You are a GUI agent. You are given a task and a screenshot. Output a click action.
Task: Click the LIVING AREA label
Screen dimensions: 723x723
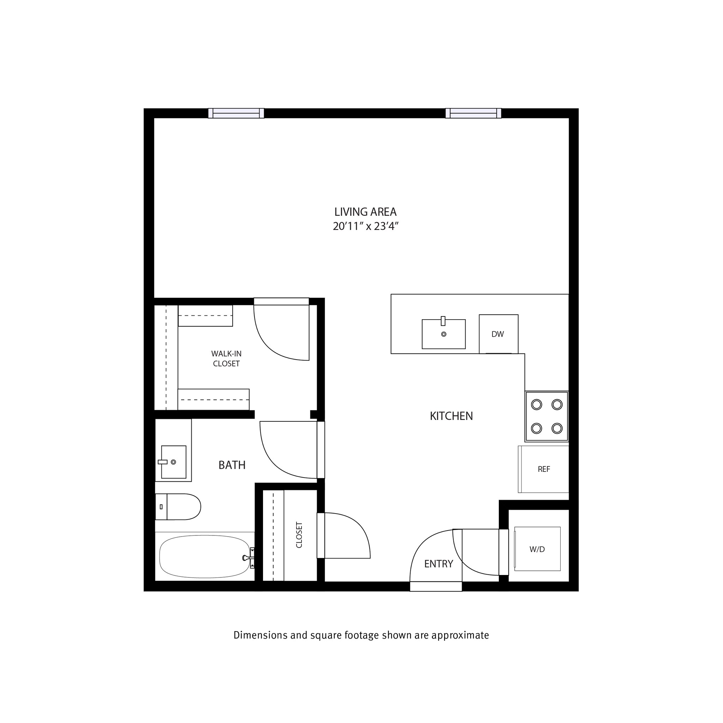pyautogui.click(x=365, y=212)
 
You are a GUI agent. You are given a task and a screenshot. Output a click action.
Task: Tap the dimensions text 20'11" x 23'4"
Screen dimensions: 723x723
pyautogui.click(x=365, y=226)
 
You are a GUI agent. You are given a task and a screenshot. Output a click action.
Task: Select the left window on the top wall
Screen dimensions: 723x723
pyautogui.click(x=236, y=113)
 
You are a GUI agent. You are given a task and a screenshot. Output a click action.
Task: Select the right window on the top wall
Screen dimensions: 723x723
pyautogui.click(x=473, y=113)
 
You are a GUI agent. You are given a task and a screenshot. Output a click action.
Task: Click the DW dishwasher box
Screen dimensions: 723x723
pyautogui.click(x=498, y=334)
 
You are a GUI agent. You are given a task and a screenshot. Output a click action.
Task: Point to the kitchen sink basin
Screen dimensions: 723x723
pyautogui.click(x=443, y=334)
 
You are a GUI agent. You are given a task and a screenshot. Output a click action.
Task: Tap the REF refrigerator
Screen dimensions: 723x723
pyautogui.click(x=543, y=469)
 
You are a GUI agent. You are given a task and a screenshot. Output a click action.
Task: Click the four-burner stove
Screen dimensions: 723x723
pyautogui.click(x=546, y=416)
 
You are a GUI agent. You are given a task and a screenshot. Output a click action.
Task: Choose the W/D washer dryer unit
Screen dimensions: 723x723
pyautogui.click(x=537, y=549)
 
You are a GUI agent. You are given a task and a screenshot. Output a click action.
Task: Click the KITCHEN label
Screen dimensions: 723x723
pyautogui.click(x=451, y=416)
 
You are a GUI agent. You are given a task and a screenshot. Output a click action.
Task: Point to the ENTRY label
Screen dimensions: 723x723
pyautogui.click(x=438, y=564)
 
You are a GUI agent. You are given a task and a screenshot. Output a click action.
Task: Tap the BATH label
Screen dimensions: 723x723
pyautogui.click(x=232, y=465)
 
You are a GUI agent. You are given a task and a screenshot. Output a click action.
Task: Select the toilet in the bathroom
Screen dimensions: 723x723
pyautogui.click(x=179, y=507)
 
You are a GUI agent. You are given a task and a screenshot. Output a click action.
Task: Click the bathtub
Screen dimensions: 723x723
pyautogui.click(x=204, y=556)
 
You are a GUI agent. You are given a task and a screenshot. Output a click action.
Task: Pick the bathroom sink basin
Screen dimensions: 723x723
pyautogui.click(x=174, y=462)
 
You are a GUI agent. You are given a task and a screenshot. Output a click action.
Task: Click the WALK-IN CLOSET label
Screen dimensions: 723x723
pyautogui.click(x=226, y=358)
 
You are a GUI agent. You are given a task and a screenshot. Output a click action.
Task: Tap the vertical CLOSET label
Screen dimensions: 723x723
pyautogui.click(x=299, y=535)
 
